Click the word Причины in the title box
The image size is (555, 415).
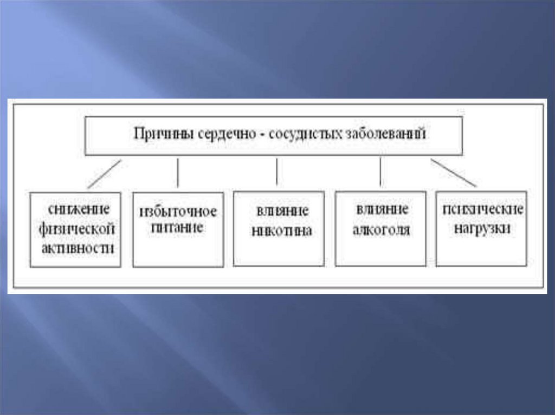click(x=158, y=134)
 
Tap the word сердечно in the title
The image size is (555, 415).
click(x=213, y=134)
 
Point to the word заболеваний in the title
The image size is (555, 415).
click(x=385, y=134)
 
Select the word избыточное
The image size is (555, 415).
click(x=178, y=210)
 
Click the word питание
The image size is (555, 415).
click(x=178, y=228)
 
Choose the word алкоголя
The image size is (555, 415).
click(x=380, y=230)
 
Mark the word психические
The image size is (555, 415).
click(x=482, y=209)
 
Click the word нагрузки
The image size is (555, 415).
click(x=482, y=228)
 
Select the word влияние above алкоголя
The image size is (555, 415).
click(x=380, y=209)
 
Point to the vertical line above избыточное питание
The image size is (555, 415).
click(x=177, y=173)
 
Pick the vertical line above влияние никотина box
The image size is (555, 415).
click(x=277, y=172)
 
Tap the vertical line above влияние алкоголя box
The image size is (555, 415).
click(x=380, y=173)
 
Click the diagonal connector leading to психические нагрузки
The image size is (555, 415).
click(x=453, y=173)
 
